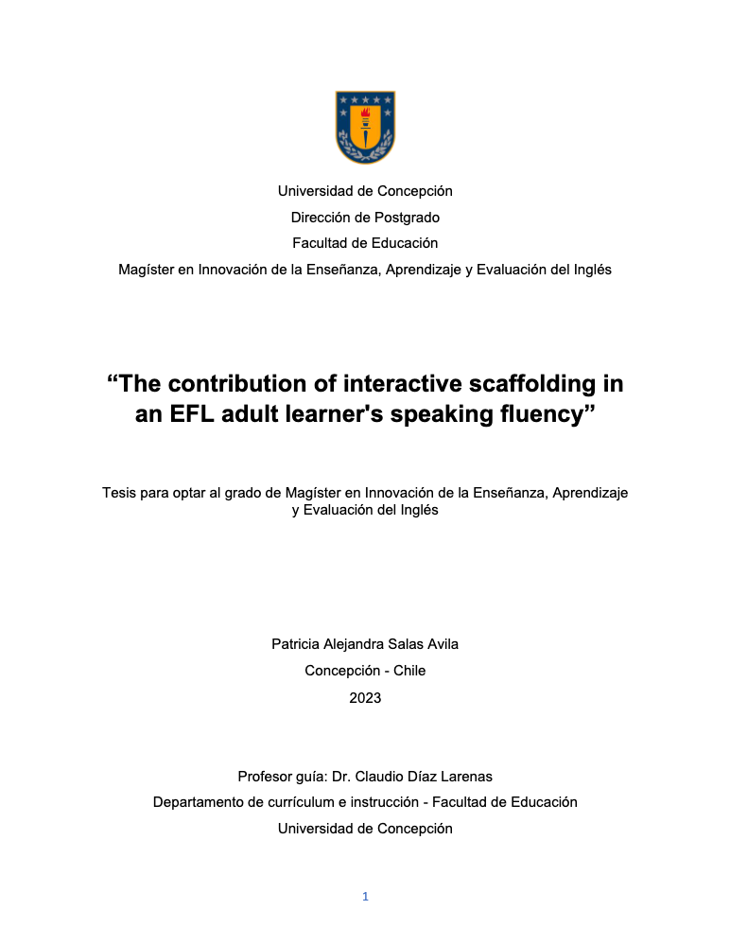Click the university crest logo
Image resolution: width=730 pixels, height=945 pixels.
click(x=365, y=127)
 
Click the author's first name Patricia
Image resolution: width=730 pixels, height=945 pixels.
click(x=299, y=644)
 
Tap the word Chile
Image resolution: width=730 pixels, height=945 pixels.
click(x=408, y=671)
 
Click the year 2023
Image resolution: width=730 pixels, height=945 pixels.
click(x=365, y=698)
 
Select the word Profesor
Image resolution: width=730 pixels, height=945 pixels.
click(x=268, y=777)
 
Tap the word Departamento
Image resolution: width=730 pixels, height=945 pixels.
click(x=201, y=802)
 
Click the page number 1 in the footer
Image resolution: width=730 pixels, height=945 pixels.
click(x=365, y=897)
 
